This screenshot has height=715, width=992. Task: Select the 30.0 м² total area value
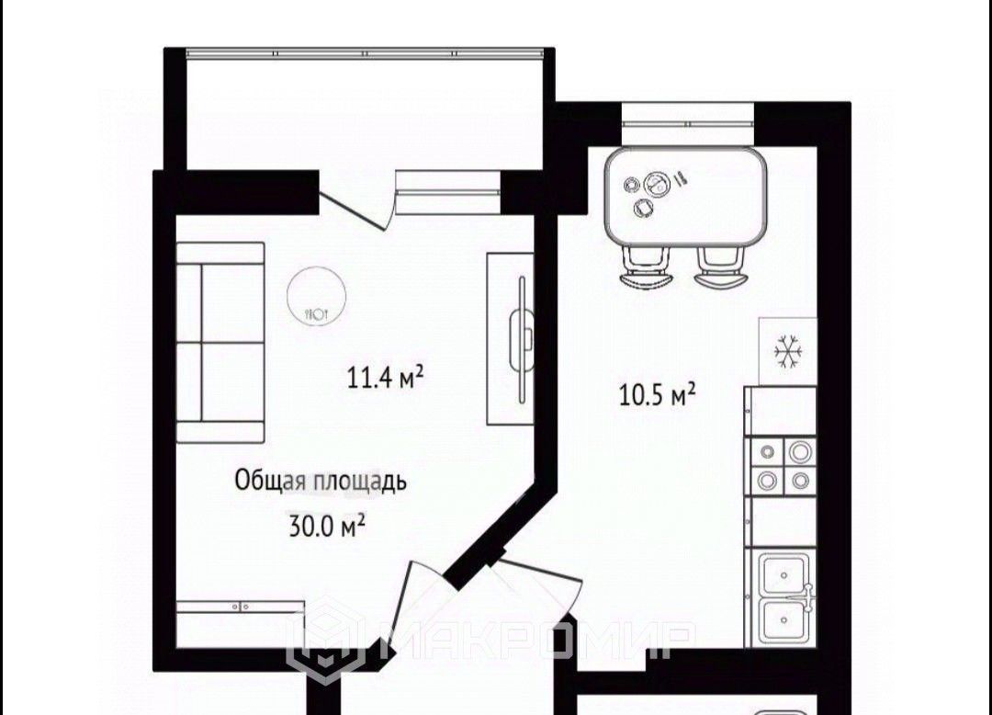327,525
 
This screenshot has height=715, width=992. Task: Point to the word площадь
357,482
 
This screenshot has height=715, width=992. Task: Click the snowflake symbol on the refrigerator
788,351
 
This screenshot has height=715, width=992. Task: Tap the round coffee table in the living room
315,295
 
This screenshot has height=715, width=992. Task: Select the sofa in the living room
220,342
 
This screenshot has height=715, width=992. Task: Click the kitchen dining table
685,198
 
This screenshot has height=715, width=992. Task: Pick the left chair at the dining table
646,267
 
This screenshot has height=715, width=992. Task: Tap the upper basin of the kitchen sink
783,574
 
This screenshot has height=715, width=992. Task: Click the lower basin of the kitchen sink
783,620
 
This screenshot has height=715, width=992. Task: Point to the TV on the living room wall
523,339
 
